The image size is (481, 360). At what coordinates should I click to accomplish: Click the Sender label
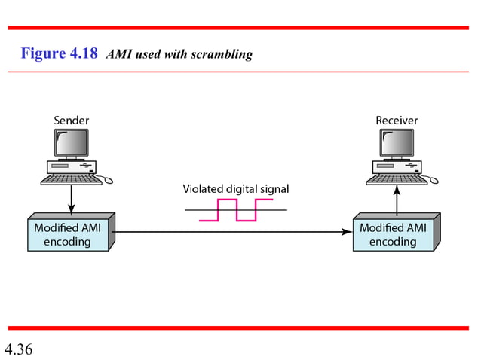click(71, 121)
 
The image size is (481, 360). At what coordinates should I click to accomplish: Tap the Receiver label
click(397, 121)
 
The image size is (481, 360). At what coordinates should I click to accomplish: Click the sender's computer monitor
click(71, 143)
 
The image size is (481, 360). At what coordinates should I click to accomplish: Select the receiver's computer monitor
click(397, 143)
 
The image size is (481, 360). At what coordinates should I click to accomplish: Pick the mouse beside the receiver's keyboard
click(433, 181)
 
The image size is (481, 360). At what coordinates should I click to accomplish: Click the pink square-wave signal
click(236, 210)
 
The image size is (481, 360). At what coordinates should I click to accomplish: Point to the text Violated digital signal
click(236, 189)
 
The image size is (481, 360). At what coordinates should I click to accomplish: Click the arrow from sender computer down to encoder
click(71, 199)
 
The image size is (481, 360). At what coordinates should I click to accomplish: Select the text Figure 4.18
click(60, 54)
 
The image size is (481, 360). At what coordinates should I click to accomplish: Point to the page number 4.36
click(18, 349)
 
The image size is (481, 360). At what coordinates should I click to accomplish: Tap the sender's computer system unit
click(70, 167)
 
